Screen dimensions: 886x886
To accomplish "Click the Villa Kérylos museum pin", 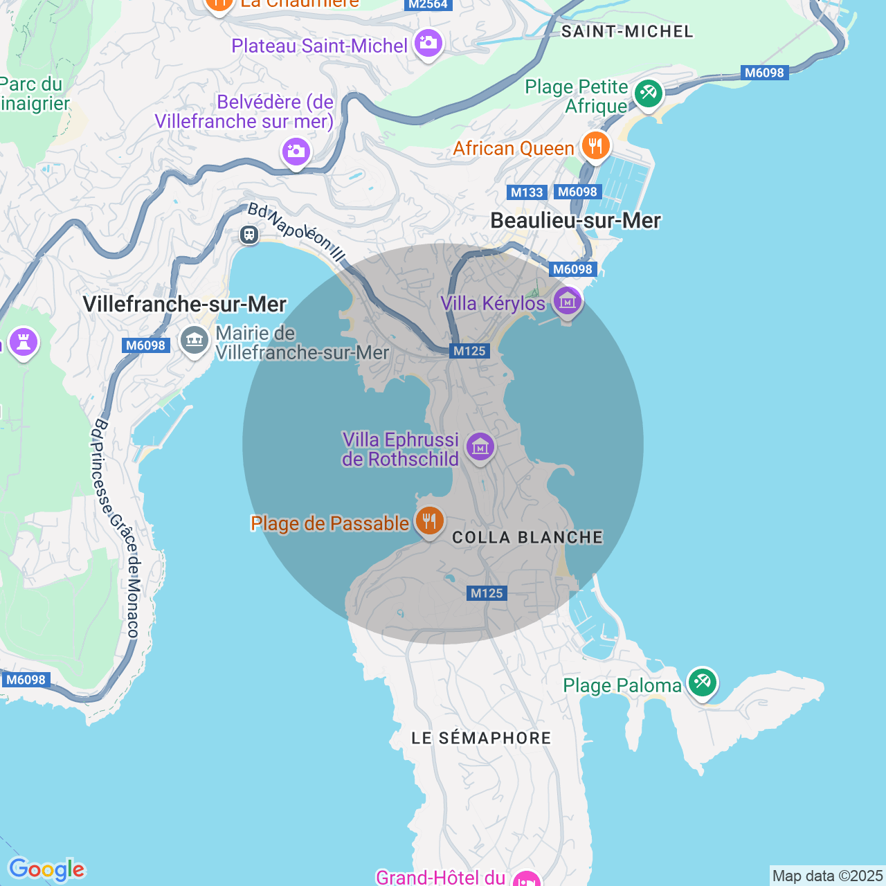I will click(x=567, y=302).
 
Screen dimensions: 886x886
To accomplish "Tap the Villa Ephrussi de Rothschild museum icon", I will click(x=480, y=447).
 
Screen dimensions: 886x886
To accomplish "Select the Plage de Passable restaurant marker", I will click(x=429, y=520).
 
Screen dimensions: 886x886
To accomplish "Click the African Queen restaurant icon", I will click(x=595, y=146).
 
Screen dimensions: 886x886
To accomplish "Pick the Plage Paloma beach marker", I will click(x=702, y=682).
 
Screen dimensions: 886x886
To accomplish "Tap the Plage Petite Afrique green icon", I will click(x=649, y=93).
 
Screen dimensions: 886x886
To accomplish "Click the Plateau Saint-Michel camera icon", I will click(x=428, y=44).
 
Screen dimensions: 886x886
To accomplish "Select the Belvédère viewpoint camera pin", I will click(x=296, y=151).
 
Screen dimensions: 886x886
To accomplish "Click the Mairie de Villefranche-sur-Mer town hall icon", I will click(x=195, y=341).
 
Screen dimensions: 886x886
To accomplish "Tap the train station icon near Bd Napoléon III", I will click(x=249, y=235).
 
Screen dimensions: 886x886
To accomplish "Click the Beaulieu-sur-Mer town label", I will click(x=575, y=221).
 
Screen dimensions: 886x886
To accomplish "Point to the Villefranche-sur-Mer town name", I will click(x=184, y=305).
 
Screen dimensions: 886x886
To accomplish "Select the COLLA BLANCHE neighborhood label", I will click(x=527, y=538).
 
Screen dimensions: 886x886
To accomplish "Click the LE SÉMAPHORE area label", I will click(x=481, y=738).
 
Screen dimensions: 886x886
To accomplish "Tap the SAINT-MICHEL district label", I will click(x=627, y=32).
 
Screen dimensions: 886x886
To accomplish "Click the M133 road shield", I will click(x=527, y=192).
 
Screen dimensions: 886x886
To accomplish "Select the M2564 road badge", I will click(x=428, y=5).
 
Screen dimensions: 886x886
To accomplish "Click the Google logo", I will click(x=46, y=869).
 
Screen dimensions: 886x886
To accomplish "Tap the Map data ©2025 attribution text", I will click(x=827, y=876).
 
